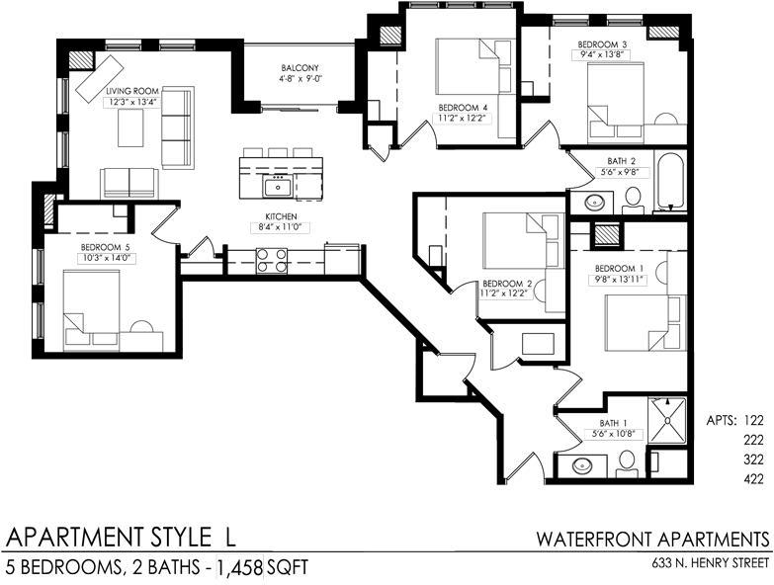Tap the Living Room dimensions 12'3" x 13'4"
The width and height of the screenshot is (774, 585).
click(x=132, y=103)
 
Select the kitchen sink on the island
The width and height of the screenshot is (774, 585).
click(x=277, y=188)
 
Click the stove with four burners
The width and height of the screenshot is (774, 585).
click(x=272, y=261)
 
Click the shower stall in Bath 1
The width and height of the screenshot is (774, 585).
click(x=666, y=420)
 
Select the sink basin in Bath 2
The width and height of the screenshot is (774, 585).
click(x=593, y=202)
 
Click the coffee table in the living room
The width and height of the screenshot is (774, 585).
click(x=130, y=127)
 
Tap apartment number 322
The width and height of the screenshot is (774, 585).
click(x=753, y=460)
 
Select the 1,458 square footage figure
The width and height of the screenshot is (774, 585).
click(x=239, y=568)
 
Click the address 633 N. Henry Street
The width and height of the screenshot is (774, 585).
click(x=711, y=563)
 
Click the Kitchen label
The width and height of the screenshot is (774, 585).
click(x=282, y=216)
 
